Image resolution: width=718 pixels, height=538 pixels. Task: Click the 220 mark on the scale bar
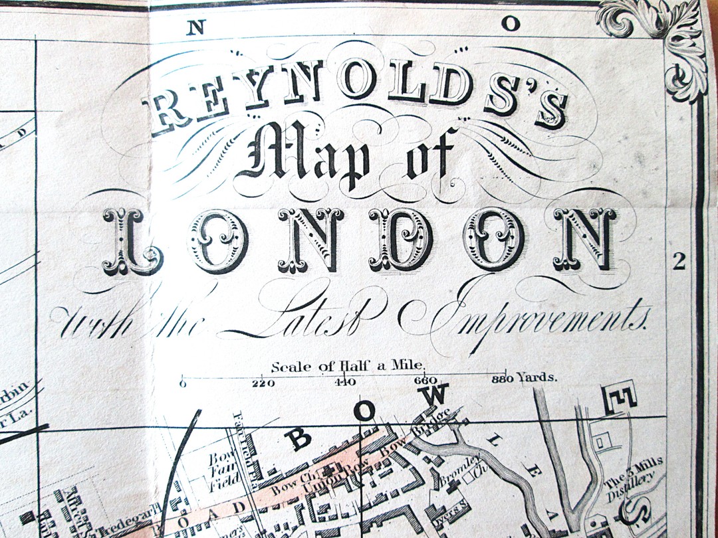pyautogui.click(x=264, y=382)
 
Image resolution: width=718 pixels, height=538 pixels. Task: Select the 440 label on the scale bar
pyautogui.click(x=346, y=382)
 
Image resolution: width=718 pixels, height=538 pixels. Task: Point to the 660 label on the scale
pyautogui.click(x=425, y=381)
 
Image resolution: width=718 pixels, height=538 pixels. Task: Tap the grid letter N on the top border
pyautogui.click(x=197, y=27)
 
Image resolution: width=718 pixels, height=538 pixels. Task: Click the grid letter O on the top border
pyautogui.click(x=510, y=24)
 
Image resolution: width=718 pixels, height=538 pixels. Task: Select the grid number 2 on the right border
pyautogui.click(x=678, y=262)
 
